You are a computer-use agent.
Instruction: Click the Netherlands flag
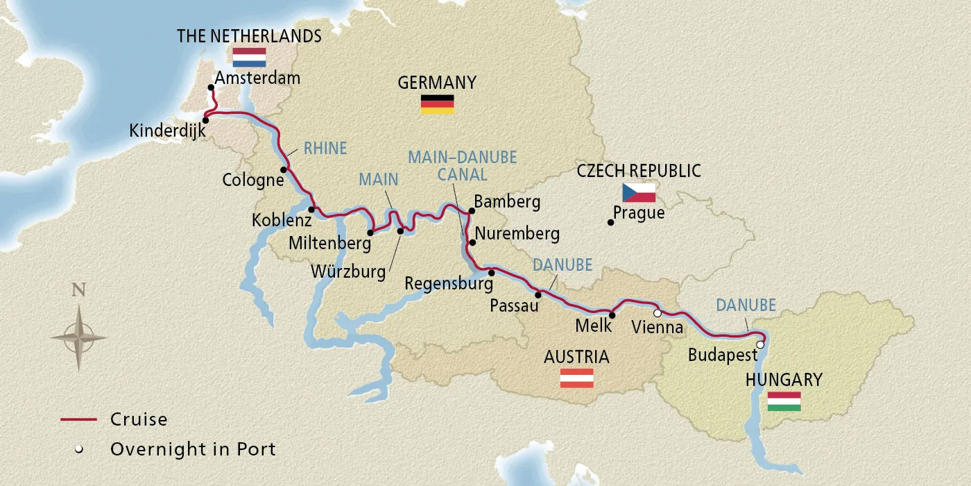(x=250, y=57)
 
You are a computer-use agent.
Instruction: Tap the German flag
(x=437, y=104)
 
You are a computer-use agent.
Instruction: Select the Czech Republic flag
(x=639, y=192)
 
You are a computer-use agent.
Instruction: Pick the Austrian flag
(x=577, y=378)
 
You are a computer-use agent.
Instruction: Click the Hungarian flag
(x=784, y=401)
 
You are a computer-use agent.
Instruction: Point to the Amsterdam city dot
(x=211, y=87)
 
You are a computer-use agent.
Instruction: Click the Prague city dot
(x=610, y=222)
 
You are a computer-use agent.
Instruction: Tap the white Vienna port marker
(x=658, y=313)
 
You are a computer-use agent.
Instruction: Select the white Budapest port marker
(x=760, y=344)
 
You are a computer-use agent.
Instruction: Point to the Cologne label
(x=253, y=181)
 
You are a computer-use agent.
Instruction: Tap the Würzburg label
(x=348, y=271)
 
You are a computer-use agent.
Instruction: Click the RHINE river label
(x=325, y=148)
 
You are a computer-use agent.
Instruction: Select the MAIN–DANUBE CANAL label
(x=462, y=165)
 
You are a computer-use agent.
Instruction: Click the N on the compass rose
(x=78, y=290)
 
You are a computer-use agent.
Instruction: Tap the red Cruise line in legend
(x=78, y=419)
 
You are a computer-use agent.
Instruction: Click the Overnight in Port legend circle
(x=79, y=449)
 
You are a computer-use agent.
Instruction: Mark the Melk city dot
(x=612, y=315)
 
